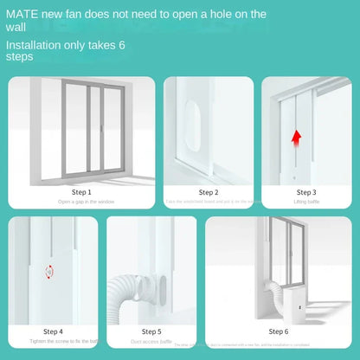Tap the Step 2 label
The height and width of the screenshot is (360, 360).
coord(209,192)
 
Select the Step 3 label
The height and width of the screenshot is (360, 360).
coord(305,192)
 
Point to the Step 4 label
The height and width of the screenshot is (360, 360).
coord(52,331)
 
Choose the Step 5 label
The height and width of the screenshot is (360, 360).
coord(151,331)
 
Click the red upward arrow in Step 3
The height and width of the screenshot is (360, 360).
coord(296,135)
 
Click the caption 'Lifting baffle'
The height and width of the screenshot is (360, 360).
coord(305,202)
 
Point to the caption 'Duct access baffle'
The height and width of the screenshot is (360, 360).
coord(151,341)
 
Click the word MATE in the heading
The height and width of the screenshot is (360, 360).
coord(22,15)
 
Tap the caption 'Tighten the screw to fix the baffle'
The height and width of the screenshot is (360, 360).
coord(52,341)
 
